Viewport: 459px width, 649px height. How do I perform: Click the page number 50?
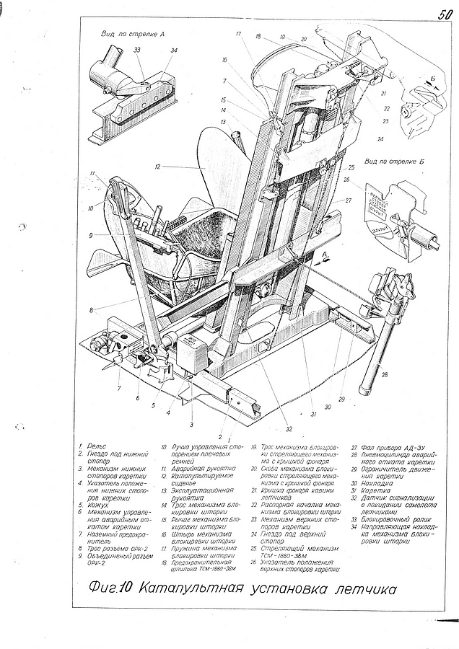pos(442,14)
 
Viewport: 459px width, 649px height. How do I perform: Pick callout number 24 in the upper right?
pos(379,138)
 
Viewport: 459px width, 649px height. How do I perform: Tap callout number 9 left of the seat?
pos(92,235)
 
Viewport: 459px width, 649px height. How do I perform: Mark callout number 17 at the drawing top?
pos(237,33)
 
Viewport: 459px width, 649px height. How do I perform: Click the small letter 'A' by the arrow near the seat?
pos(325,255)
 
